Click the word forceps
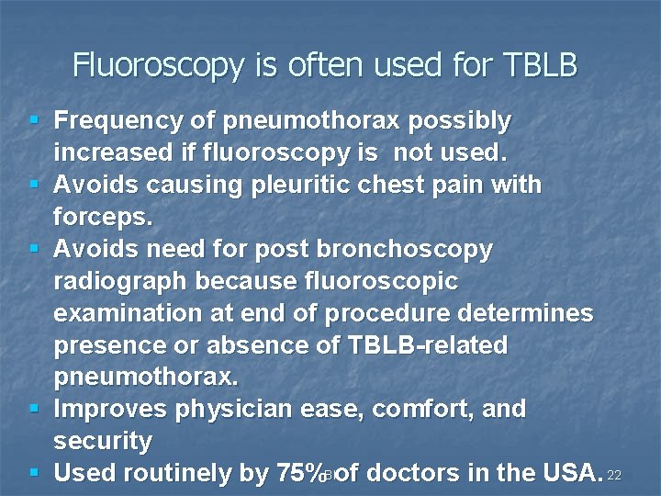coord(101,217)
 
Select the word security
coord(102,441)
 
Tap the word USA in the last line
coord(569,473)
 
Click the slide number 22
coord(615,475)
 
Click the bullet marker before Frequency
coord(34,120)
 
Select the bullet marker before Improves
coord(34,409)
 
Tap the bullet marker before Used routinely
coord(34,473)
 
